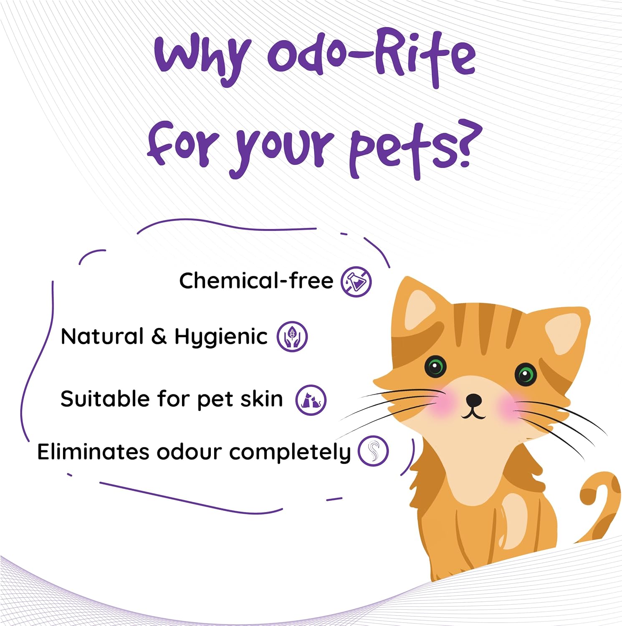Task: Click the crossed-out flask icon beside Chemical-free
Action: point(356,282)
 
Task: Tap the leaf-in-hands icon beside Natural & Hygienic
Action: point(292,336)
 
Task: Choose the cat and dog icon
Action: point(311,400)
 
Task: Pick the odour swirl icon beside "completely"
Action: point(373,451)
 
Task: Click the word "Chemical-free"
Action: point(256,280)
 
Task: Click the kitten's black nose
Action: point(473,400)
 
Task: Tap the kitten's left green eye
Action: point(435,367)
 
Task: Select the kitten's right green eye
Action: point(525,374)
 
